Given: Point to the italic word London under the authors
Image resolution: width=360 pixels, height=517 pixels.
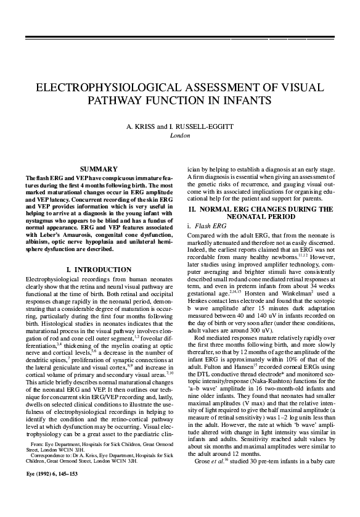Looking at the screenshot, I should (179, 134).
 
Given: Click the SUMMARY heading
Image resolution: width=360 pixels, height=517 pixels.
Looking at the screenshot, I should (99, 169).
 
